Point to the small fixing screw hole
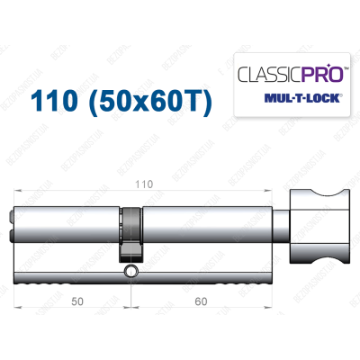[x=132, y=271]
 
